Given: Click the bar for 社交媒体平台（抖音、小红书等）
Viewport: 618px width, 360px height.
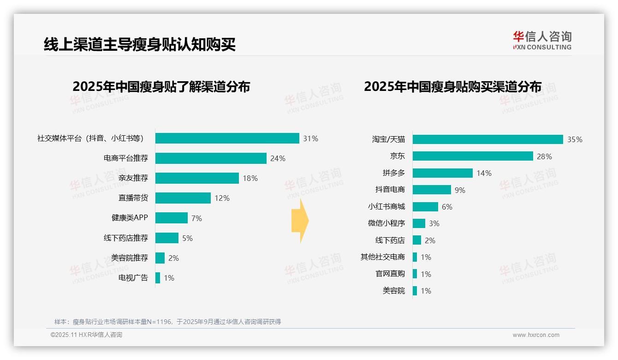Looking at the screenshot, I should [x=227, y=138].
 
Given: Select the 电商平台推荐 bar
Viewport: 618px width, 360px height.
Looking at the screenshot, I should [x=211, y=158].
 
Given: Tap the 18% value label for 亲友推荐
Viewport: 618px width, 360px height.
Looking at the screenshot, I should [x=250, y=178].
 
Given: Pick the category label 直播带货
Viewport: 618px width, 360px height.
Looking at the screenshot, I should [x=133, y=198].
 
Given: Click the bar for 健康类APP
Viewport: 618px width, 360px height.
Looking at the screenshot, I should [x=172, y=218].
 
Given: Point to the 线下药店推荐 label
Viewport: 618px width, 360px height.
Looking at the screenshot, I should [x=126, y=238].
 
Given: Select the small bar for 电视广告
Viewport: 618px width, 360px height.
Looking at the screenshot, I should [x=158, y=278].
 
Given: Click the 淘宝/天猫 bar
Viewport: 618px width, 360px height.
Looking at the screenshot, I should [x=487, y=139].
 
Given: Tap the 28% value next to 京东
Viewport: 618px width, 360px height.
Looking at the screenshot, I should [x=544, y=156].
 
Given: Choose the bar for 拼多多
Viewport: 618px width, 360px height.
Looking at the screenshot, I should [x=443, y=173].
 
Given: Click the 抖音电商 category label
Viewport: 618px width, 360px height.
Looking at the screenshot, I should [x=390, y=190].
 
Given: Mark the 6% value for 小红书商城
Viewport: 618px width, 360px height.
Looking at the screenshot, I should [x=447, y=207].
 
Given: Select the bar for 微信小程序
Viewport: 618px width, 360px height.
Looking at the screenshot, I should [x=419, y=223].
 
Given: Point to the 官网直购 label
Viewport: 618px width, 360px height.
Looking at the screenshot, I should [x=390, y=274].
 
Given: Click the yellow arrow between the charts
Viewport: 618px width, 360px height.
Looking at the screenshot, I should [x=300, y=221].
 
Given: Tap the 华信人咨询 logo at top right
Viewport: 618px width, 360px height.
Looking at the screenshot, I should [x=542, y=40].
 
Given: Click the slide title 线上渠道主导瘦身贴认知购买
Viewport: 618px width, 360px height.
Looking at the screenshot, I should [x=140, y=45].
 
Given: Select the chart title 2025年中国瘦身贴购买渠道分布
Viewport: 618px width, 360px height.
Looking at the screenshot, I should [x=452, y=87].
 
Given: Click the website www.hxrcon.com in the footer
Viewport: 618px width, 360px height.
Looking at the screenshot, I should [x=536, y=335].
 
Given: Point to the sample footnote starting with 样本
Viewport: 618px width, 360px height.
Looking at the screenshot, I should [x=167, y=322].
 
